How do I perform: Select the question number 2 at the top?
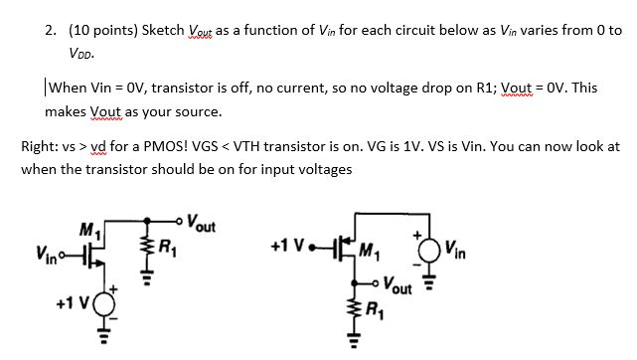[49, 30]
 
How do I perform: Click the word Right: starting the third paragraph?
[40, 146]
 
